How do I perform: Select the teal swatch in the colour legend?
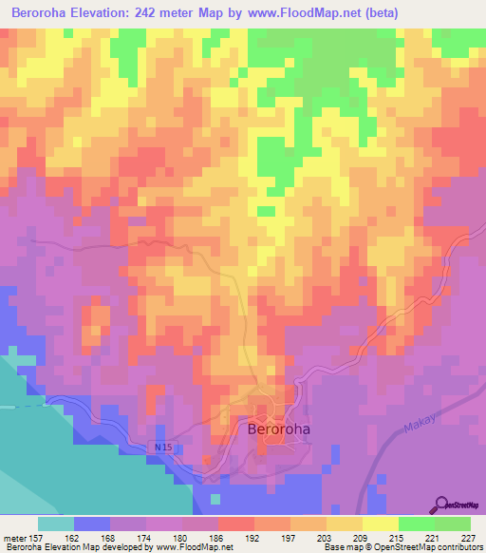(x=56, y=524)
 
